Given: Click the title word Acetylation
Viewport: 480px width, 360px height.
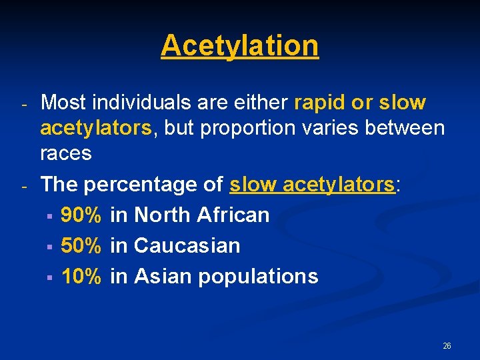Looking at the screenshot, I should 240,45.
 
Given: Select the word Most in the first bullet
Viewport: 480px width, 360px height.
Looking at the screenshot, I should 64,103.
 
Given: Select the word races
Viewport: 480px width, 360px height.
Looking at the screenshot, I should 66,153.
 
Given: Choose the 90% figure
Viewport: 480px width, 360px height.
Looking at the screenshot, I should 81,215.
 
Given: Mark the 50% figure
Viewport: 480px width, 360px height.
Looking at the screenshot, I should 81,245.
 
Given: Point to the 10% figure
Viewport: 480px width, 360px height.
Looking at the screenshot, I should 81,276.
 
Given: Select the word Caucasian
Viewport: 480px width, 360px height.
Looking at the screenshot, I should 187,245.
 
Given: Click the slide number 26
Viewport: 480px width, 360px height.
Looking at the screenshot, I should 447,346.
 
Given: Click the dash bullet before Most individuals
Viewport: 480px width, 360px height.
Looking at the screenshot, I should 23,105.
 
